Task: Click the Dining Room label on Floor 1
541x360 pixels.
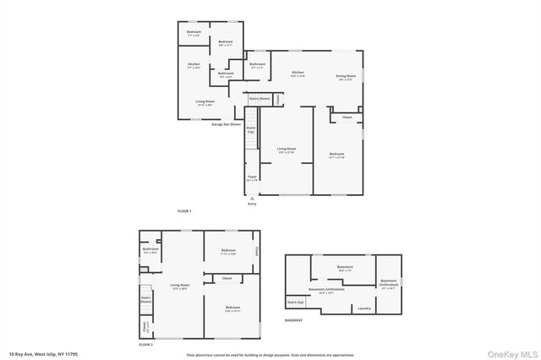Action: click(345, 77)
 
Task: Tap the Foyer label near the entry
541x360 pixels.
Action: click(252, 178)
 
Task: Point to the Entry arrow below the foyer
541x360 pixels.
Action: click(252, 199)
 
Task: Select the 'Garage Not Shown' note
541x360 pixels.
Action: click(226, 123)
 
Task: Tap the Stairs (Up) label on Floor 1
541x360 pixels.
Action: click(251, 129)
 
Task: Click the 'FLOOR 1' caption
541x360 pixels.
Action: click(184, 210)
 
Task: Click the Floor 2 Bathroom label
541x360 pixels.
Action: click(150, 250)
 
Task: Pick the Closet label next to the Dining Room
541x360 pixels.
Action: click(347, 117)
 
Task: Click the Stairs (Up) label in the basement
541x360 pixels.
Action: click(295, 301)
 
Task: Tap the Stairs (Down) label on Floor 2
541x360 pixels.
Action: click(145, 299)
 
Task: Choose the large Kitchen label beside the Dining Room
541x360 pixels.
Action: click(298, 74)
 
